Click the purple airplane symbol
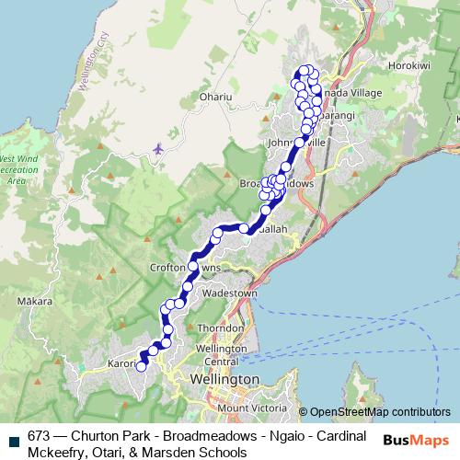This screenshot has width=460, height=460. coord(160,147)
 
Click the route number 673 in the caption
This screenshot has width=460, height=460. coord(39,436)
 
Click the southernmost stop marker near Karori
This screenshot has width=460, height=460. coord(142,367)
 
